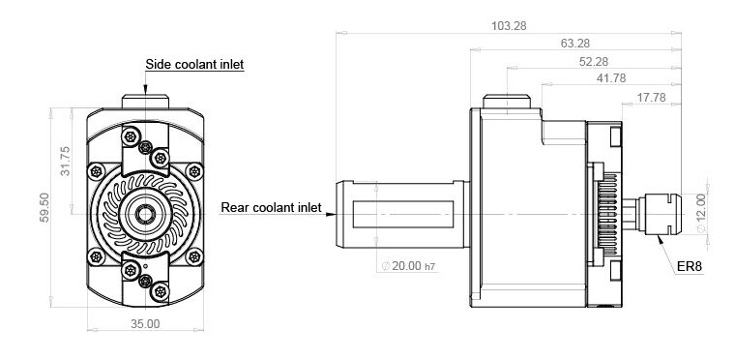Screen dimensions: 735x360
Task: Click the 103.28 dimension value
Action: click(x=509, y=26)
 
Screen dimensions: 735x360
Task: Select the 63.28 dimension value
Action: click(x=575, y=44)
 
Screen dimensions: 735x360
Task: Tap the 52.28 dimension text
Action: click(x=594, y=62)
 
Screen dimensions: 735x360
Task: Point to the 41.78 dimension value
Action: click(x=611, y=78)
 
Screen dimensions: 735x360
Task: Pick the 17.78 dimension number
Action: click(x=651, y=98)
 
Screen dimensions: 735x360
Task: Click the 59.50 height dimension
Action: click(x=44, y=207)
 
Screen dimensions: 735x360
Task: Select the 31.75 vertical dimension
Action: click(x=65, y=161)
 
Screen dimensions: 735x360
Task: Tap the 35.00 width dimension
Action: click(x=145, y=324)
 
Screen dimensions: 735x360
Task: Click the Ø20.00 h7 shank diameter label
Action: click(x=409, y=266)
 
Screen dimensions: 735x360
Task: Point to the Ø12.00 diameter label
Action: click(x=701, y=214)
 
